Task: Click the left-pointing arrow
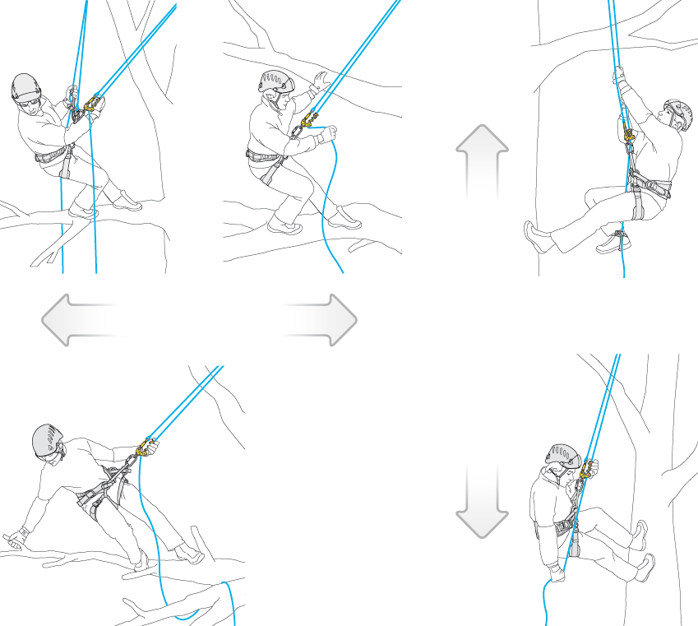pyautogui.click(x=78, y=319)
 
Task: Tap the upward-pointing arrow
pyautogui.click(x=482, y=162)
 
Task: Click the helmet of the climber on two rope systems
pyautogui.click(x=25, y=86)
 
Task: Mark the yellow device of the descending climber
pyautogui.click(x=587, y=471)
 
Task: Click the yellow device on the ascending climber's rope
pyautogui.click(x=629, y=134)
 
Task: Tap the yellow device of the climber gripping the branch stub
pyautogui.click(x=146, y=448)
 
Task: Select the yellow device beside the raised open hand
pyautogui.click(x=309, y=123)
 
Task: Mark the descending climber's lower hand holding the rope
pyautogui.click(x=557, y=572)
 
